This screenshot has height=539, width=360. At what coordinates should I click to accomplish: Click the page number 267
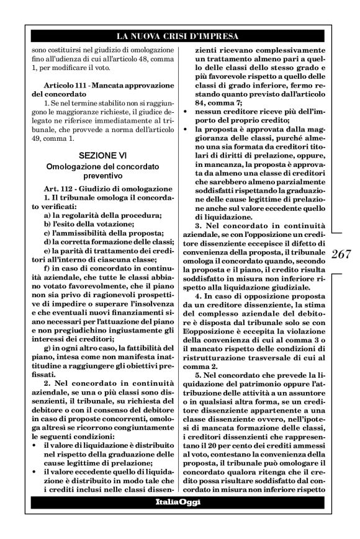point(342,256)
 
